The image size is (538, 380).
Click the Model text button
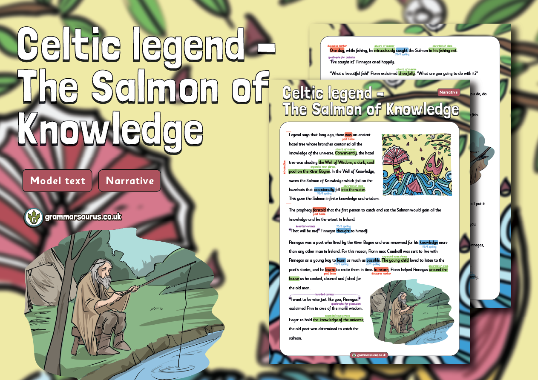[x=58, y=180]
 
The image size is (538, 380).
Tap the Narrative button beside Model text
[x=129, y=180]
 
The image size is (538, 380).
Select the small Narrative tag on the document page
[x=449, y=92]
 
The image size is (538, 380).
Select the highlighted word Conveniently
[x=345, y=153]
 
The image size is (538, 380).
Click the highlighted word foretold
[x=319, y=210]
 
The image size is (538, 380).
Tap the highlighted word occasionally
[x=324, y=189]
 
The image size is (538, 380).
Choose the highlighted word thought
[x=343, y=231]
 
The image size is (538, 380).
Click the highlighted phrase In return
[x=381, y=270]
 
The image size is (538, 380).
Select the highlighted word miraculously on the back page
[x=384, y=50]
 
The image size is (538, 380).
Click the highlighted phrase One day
[x=337, y=50]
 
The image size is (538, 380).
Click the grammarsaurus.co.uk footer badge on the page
[x=369, y=354]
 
